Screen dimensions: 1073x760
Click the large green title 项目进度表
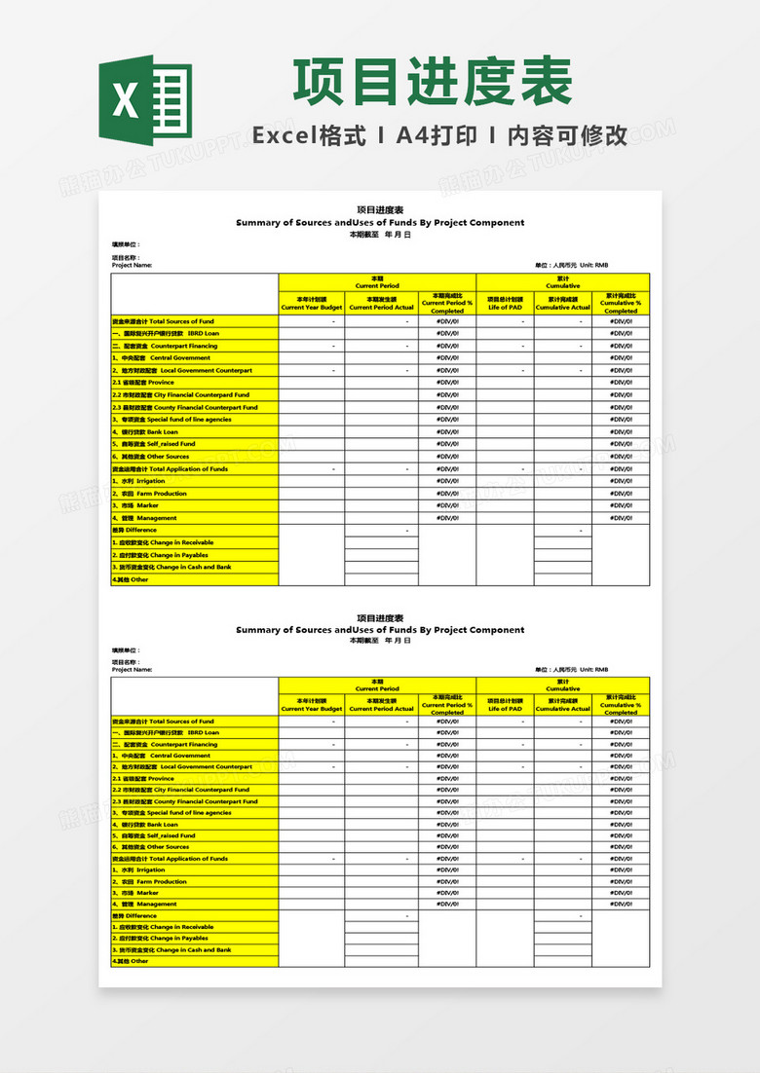[x=433, y=84]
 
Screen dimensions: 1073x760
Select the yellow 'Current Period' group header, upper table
[x=377, y=282]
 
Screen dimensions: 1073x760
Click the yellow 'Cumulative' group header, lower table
[x=563, y=684]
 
